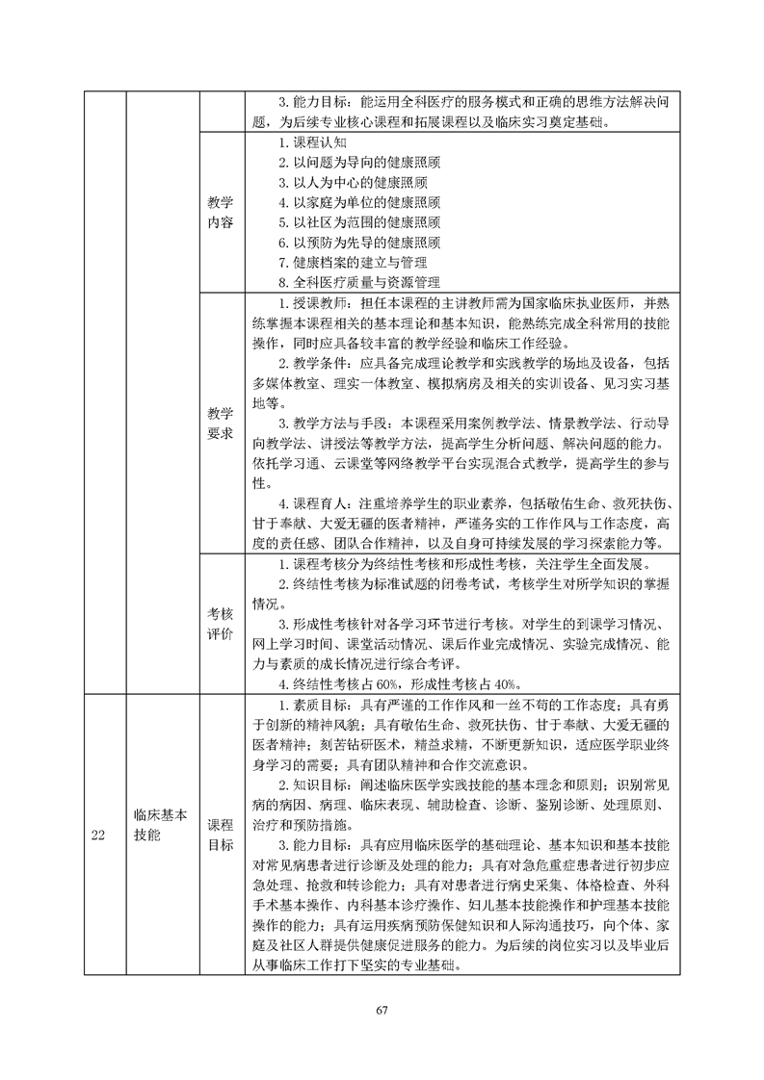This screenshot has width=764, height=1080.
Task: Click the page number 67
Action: [382, 1010]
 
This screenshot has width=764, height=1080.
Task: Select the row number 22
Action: [98, 835]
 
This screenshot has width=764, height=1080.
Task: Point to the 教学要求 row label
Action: [221, 423]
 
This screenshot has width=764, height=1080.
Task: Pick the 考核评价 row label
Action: [221, 623]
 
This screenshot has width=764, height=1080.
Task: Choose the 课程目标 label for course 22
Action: [221, 835]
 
